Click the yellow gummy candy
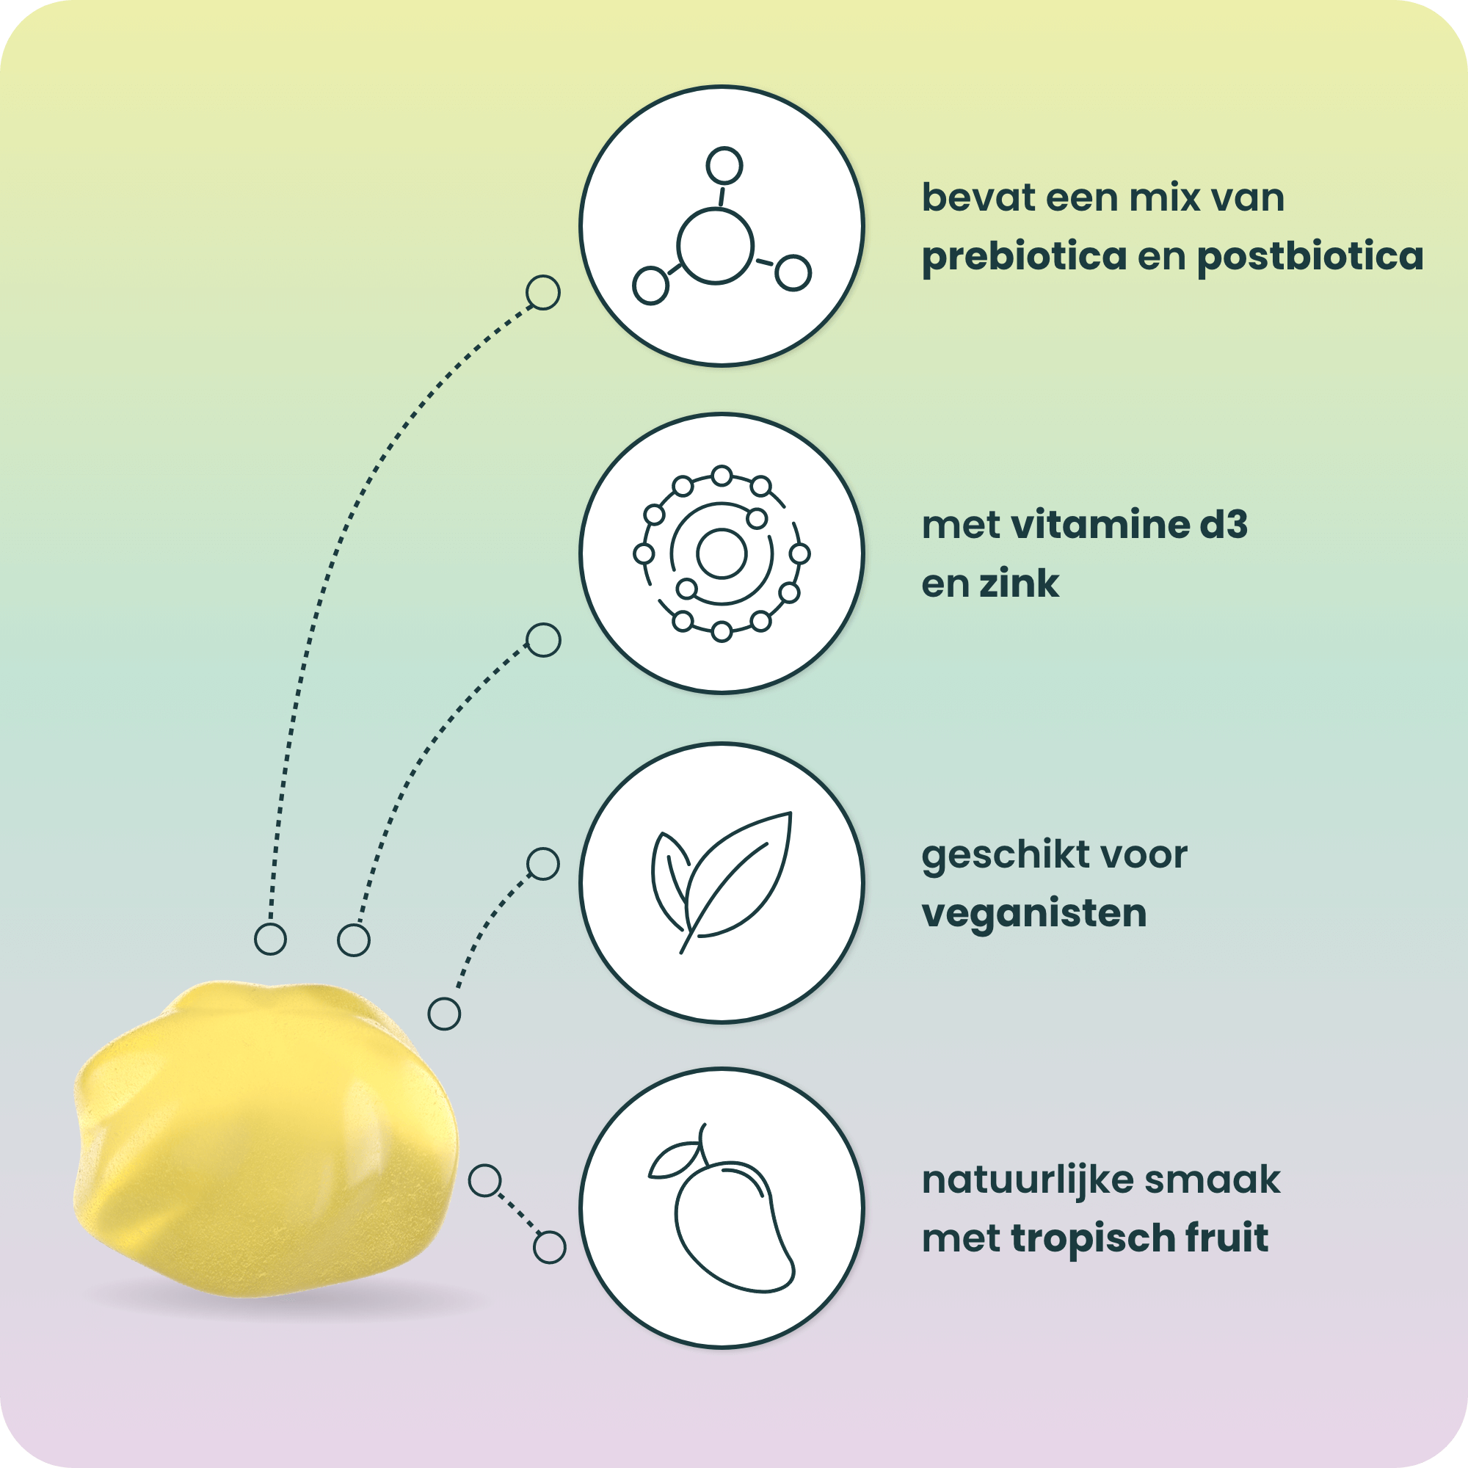[x=266, y=1140]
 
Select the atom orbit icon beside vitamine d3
[x=722, y=553]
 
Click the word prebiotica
[x=1024, y=257]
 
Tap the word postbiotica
[x=1310, y=256]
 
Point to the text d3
[x=1224, y=525]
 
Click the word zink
[x=1019, y=584]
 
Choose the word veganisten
[x=1034, y=914]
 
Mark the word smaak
[x=1212, y=1181]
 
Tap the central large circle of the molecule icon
[x=715, y=246]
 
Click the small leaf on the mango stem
[x=675, y=1160]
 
